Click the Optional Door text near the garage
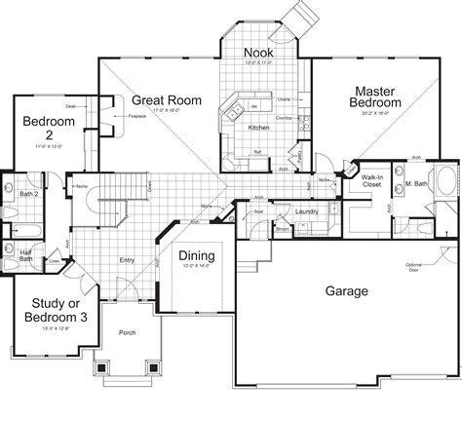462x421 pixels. click(x=419, y=240)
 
